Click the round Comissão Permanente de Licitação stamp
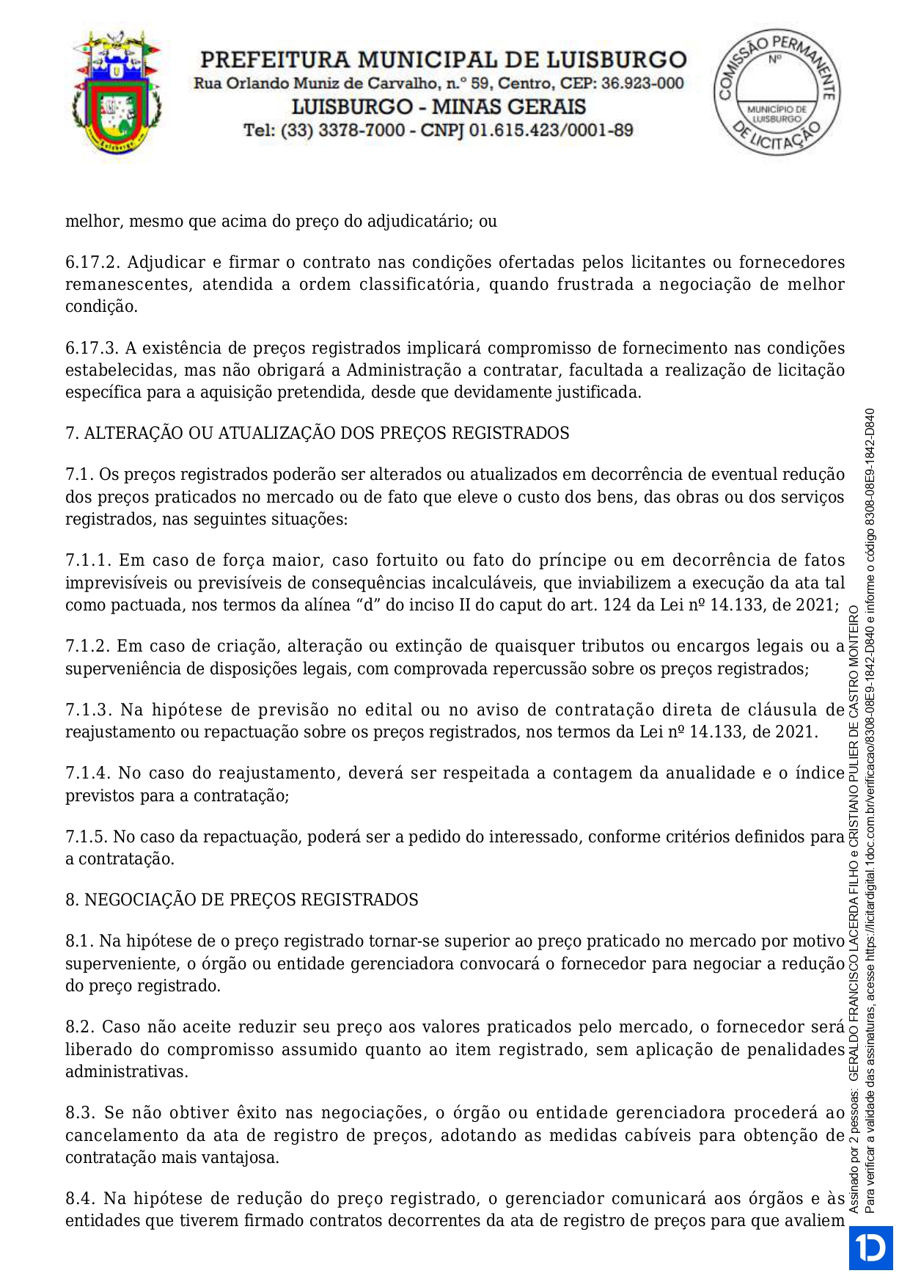coord(777,92)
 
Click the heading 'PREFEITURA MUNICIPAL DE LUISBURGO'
coord(443,59)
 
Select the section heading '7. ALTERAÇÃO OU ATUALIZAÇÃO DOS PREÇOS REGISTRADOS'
coord(317,433)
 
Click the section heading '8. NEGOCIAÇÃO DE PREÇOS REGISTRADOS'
coord(241,900)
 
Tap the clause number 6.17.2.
coord(92,262)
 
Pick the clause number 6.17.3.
coord(92,348)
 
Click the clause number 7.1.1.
coord(88,561)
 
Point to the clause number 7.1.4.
coord(88,773)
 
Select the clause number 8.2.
coord(79,1027)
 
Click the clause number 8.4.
coord(80,1198)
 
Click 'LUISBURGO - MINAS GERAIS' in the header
coord(439,107)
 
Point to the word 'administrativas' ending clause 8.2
coord(125,1071)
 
